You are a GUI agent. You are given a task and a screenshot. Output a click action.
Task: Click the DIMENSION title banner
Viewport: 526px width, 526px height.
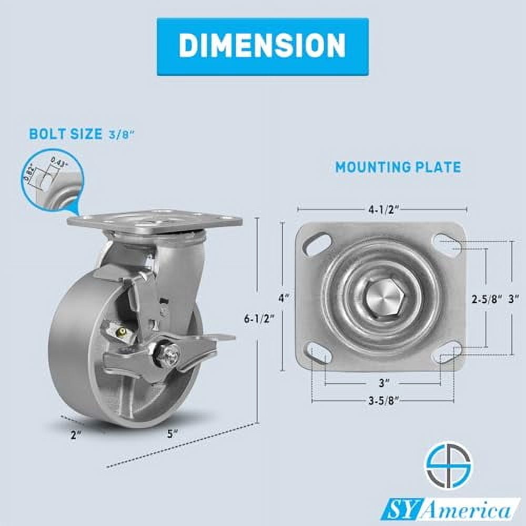coord(262,46)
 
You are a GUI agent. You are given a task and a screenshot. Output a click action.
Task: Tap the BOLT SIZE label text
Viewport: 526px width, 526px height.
coord(66,134)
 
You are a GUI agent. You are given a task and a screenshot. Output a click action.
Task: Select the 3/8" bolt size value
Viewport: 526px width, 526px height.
coord(122,135)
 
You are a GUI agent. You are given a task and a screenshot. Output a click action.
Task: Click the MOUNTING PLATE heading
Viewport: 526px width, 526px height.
coord(398,167)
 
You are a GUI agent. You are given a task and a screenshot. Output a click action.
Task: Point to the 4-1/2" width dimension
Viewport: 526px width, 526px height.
coord(382,209)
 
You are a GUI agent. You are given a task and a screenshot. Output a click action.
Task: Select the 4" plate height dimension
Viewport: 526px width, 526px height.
coord(284,297)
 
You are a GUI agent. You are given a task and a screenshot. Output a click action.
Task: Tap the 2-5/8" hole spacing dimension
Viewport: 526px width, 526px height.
coord(484,299)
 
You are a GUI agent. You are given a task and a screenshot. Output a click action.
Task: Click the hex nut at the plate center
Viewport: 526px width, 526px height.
coord(382,298)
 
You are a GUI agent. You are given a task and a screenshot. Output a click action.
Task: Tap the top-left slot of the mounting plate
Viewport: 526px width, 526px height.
coord(319,245)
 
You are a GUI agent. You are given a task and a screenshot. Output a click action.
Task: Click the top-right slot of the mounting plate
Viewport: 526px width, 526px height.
coord(446,245)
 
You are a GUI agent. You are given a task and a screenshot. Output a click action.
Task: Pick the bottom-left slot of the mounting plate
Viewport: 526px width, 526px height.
coord(318,352)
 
